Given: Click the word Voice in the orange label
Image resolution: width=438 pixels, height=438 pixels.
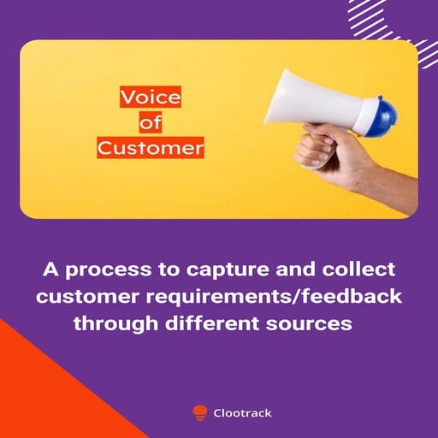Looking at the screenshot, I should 151,98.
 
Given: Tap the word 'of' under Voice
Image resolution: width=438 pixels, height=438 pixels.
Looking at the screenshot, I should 151,123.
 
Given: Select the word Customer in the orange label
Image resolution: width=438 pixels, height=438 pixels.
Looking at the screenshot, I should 151,148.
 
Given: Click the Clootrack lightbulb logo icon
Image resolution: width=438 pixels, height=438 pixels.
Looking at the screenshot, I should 200,412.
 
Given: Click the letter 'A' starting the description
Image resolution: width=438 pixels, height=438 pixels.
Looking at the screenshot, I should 50,270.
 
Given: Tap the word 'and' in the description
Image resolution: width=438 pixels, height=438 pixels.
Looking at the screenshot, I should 292,270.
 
